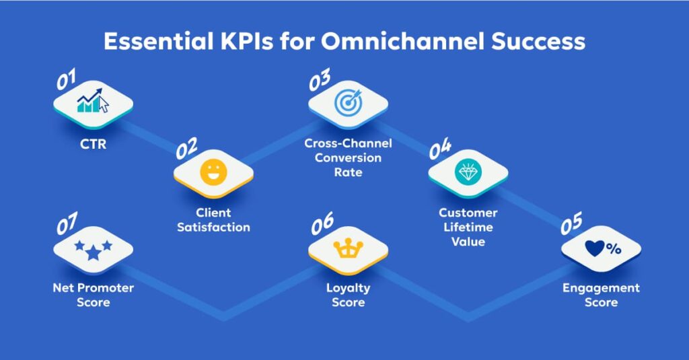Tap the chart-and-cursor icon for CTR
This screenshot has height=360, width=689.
point(93,103)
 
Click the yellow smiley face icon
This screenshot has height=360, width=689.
point(213,173)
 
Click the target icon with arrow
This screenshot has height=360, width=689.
point(348,102)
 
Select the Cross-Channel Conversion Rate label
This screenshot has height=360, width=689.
point(348,158)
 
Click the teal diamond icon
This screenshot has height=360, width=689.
point(468,173)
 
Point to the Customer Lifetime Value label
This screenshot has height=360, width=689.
point(468,227)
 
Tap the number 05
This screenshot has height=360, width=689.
point(571,225)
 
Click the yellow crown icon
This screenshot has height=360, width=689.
point(348,250)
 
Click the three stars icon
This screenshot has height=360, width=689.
point(93,249)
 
